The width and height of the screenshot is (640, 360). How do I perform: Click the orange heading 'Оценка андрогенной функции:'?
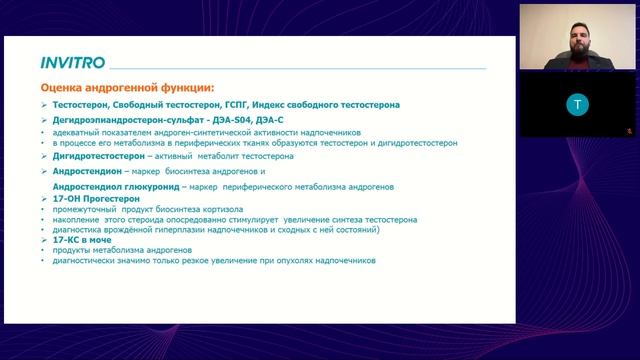pyautogui.click(x=126, y=88)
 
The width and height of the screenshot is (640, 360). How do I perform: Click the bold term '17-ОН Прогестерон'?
pyautogui.click(x=95, y=199)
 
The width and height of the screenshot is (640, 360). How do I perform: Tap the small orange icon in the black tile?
pyautogui.click(x=630, y=130)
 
